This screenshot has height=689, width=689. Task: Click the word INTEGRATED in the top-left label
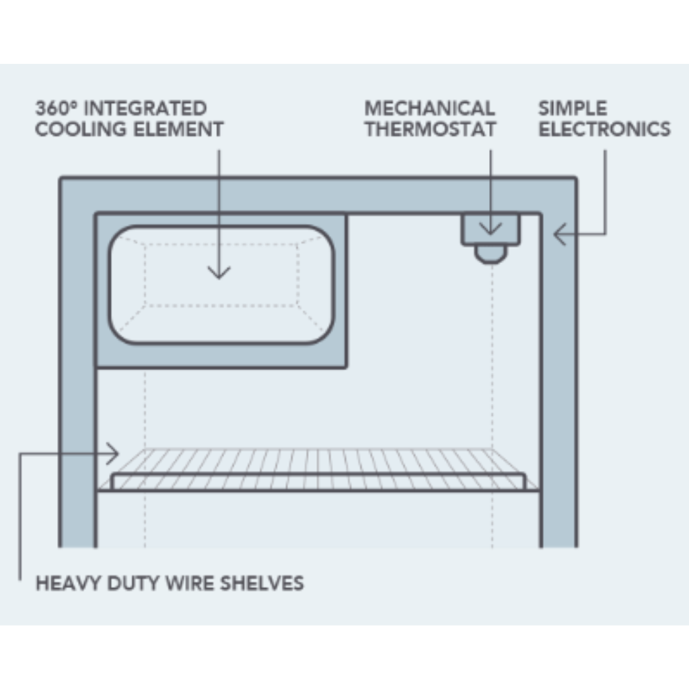[x=145, y=108]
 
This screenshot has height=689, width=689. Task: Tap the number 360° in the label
[x=56, y=108]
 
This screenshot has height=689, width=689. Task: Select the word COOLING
[x=81, y=129]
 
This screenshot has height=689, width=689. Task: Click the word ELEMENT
[x=178, y=129]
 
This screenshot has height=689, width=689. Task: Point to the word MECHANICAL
[x=430, y=108]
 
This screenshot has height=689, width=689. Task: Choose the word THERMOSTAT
[x=431, y=129]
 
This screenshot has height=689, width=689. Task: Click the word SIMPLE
[x=573, y=108]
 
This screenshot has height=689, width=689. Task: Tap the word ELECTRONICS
[x=605, y=129]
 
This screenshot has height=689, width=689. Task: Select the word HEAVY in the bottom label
[x=69, y=583]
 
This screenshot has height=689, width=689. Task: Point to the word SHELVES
[x=262, y=583]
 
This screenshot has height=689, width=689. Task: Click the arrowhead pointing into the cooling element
[x=219, y=273]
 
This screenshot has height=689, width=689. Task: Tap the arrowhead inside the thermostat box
[x=491, y=229]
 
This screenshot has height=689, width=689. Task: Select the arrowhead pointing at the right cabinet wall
[x=559, y=233]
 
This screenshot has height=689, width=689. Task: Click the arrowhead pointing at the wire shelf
[x=113, y=454]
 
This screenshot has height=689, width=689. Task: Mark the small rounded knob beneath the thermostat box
[x=491, y=254]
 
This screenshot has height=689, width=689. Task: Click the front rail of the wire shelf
[x=318, y=482]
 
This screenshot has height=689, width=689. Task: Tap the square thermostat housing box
[x=491, y=229]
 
